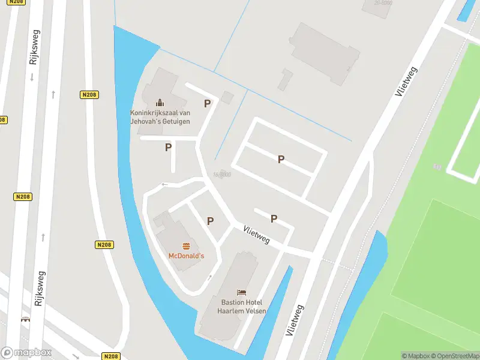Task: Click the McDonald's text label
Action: (186, 256)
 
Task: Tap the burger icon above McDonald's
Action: (186, 246)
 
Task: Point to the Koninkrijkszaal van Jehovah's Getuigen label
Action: (160, 117)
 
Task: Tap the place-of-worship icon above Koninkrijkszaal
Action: (160, 103)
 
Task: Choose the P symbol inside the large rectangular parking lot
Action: (280, 159)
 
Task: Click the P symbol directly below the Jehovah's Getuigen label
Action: (169, 147)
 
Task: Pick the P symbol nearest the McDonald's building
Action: (210, 221)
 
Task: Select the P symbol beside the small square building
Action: (207, 103)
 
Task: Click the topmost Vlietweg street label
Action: (407, 82)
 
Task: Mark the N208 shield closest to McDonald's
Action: (104, 245)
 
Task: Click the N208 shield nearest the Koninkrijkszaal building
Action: (89, 95)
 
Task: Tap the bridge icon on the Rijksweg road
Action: (25, 320)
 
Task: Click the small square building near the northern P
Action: (227, 97)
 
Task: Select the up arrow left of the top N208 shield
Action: (53, 94)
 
